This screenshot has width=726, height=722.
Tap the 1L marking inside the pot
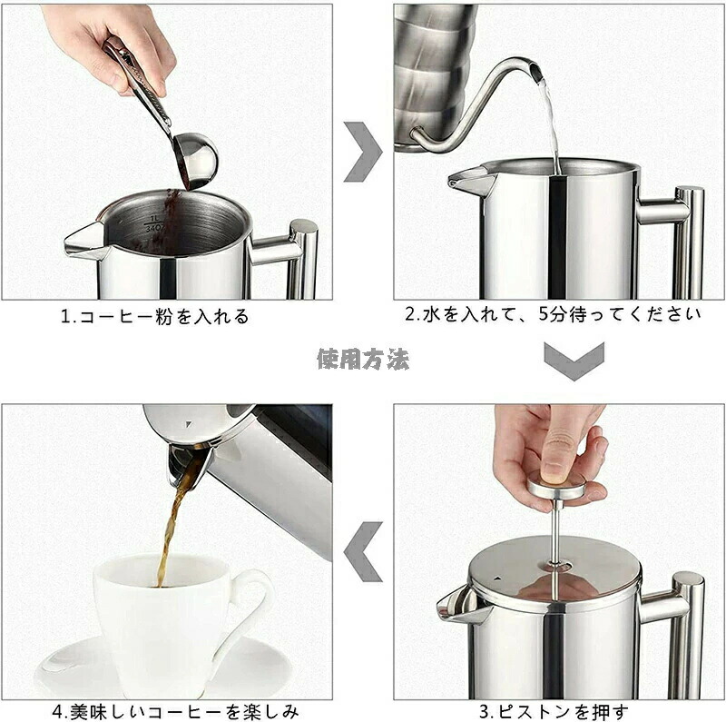154,218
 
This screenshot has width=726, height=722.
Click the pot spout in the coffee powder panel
86,240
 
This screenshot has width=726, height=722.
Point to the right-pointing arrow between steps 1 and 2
363,152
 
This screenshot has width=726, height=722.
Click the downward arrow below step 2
574,361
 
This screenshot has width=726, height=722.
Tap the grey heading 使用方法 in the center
363,359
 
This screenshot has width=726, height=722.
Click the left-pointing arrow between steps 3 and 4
364,551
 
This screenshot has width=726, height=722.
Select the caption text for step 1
155,317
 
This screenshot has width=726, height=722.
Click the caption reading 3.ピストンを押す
554,711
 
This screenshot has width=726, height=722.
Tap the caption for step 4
175,711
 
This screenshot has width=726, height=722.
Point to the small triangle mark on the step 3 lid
497,579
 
